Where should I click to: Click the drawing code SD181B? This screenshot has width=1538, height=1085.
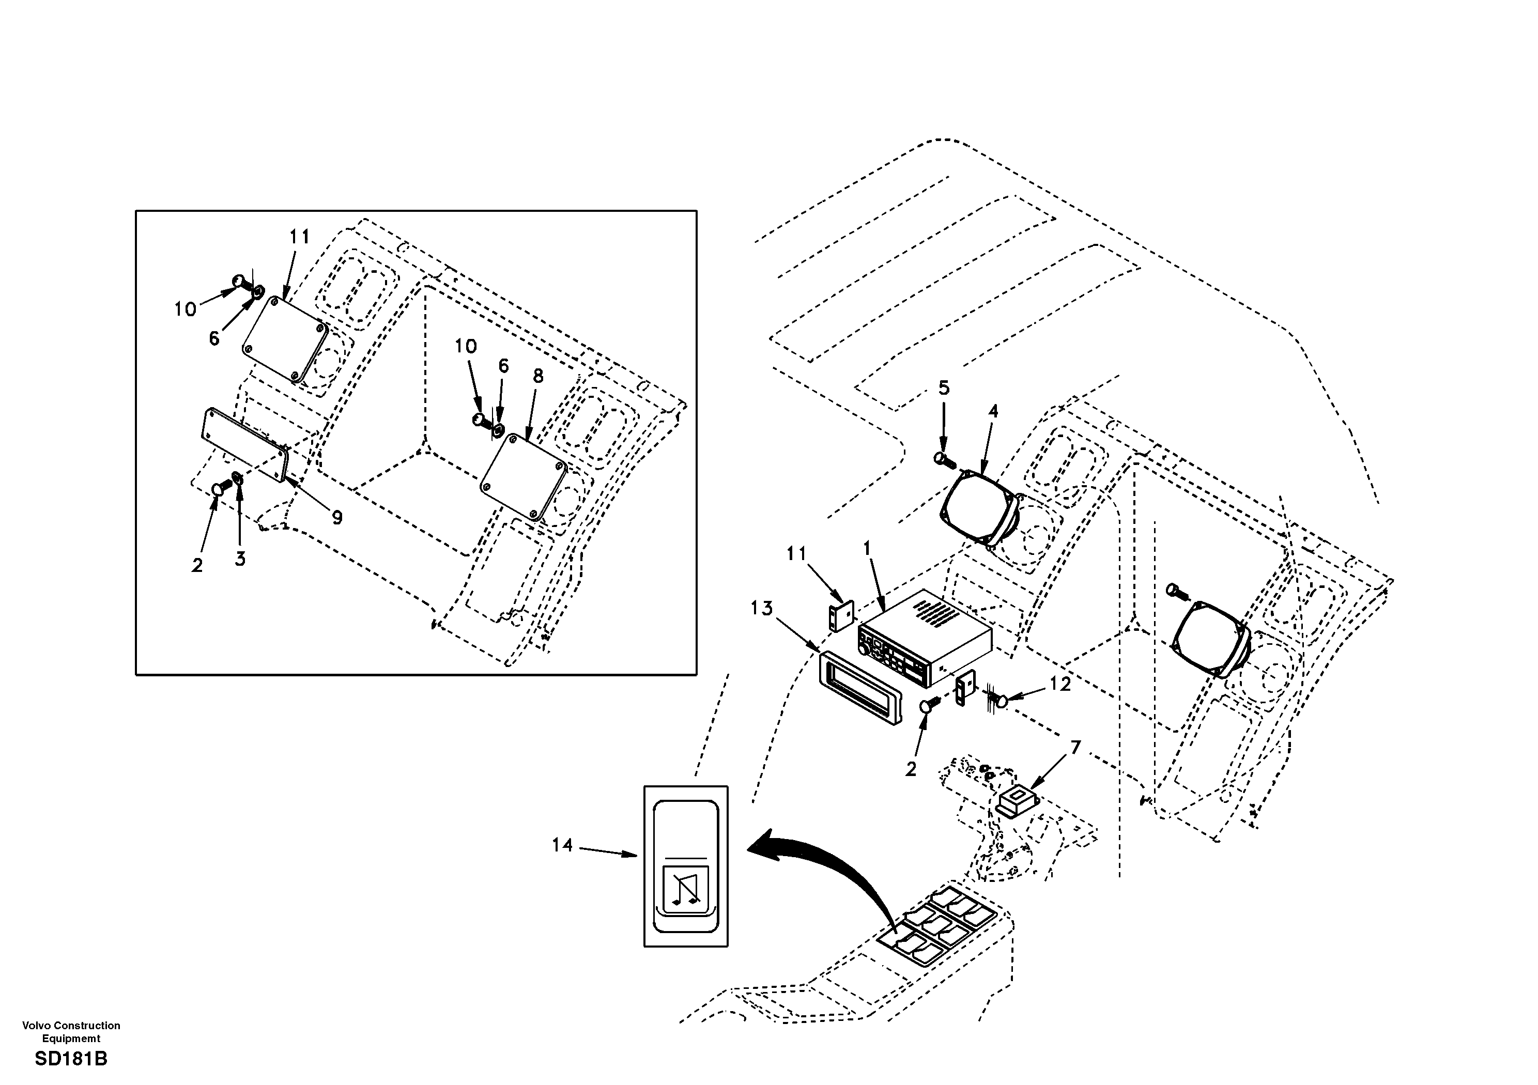coord(71,1059)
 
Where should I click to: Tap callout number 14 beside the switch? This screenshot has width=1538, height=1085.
coord(562,845)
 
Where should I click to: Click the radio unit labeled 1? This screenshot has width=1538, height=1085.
coord(925,640)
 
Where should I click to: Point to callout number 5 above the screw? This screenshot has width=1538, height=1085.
coord(943,388)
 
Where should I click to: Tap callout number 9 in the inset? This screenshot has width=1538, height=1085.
coord(337,517)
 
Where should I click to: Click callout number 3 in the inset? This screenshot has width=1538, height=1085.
coord(240,559)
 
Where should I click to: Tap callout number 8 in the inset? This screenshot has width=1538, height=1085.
coord(538,377)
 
